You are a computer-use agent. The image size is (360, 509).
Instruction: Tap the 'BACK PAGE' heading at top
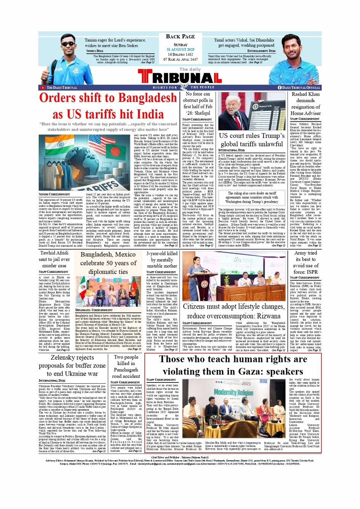tap(180, 37)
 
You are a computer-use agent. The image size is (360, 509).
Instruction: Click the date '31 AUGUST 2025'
tap(180, 50)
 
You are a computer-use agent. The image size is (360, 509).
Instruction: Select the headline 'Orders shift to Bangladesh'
tap(108, 98)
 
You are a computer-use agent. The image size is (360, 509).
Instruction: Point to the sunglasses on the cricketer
tap(68, 44)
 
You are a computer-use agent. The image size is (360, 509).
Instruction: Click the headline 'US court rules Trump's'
tap(251, 136)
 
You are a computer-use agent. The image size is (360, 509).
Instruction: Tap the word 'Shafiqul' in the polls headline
tap(203, 113)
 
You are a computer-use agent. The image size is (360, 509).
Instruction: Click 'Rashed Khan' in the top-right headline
tap(306, 94)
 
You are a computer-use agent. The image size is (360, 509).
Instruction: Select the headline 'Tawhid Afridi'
tap(54, 253)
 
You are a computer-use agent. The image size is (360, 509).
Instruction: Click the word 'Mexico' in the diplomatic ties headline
tap(125, 254)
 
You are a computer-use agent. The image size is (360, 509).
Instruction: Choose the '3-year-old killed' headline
tap(162, 253)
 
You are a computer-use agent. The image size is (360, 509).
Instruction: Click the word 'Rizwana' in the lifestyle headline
tap(269, 316)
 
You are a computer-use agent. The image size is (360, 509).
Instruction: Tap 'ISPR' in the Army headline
tap(312, 272)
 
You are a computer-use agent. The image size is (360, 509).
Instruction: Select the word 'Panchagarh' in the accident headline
tap(126, 370)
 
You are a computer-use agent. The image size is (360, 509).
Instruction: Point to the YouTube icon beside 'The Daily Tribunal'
tap(43, 88)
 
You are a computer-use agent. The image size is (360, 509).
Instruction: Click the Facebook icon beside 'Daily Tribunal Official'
tap(280, 88)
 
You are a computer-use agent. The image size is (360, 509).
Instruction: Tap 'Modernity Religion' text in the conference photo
tap(234, 392)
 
